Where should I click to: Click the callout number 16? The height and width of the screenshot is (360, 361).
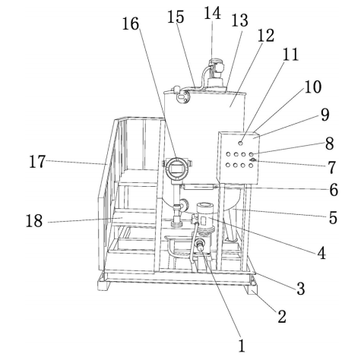click(131, 24)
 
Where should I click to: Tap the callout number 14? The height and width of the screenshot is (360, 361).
click(212, 13)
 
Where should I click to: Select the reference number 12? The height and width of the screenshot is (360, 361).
click(266, 35)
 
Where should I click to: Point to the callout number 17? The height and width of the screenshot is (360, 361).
click(37, 162)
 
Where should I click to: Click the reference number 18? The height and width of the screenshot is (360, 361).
click(34, 221)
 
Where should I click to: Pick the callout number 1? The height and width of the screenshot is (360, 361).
click(242, 346)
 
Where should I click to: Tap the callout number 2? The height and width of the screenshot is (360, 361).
click(282, 316)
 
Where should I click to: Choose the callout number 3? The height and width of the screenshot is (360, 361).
click(301, 289)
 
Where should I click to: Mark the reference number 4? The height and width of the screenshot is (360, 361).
click(321, 253)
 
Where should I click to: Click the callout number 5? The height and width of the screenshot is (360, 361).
click(333, 217)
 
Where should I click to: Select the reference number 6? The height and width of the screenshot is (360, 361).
click(334, 190)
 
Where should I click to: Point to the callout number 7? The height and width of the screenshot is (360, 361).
click(331, 167)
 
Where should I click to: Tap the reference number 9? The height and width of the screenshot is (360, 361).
click(325, 115)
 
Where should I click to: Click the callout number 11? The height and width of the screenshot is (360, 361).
click(290, 55)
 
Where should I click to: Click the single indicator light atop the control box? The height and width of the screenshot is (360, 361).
click(240, 144)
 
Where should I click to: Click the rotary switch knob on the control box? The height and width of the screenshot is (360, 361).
click(253, 159)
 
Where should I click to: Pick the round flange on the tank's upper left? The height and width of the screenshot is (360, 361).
click(183, 96)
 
